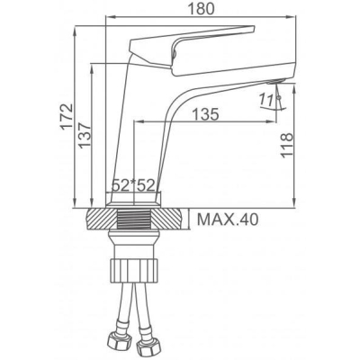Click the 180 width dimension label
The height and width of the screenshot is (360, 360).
click(x=202, y=9)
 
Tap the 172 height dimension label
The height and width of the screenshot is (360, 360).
click(x=67, y=117)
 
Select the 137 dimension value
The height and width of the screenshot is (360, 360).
click(x=85, y=135)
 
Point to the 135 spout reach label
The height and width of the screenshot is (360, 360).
click(x=205, y=114)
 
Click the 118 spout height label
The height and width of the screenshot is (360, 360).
click(x=286, y=145)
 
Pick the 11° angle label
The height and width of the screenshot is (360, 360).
click(x=266, y=100)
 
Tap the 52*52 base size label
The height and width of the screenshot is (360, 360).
click(x=133, y=185)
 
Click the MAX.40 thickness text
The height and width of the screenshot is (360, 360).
click(x=228, y=220)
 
